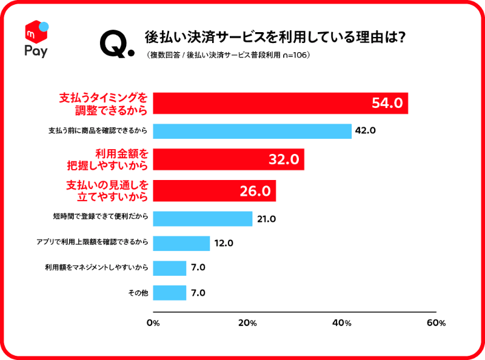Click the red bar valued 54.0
coord(280,103)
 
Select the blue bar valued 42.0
coord(252,131)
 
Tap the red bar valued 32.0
coord(228,159)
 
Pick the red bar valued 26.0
coord(214,191)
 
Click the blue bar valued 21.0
coord(202,219)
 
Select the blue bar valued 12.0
coord(181,244)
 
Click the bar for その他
coord(170,293)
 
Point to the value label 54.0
coord(387,103)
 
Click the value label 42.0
coord(366,131)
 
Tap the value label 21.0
coord(266,219)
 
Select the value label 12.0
coord(223,244)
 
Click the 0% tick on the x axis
coord(153,323)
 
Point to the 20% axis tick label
coord(247,323)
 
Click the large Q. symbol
coord(116,44)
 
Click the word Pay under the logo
coord(36,50)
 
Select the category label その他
coord(138,293)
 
